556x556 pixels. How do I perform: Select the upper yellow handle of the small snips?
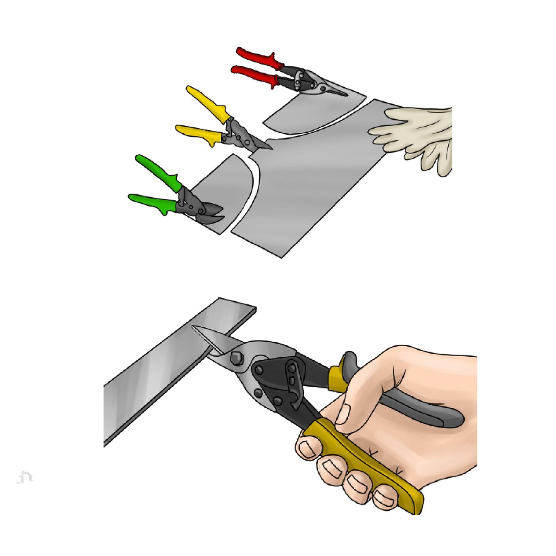208,102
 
